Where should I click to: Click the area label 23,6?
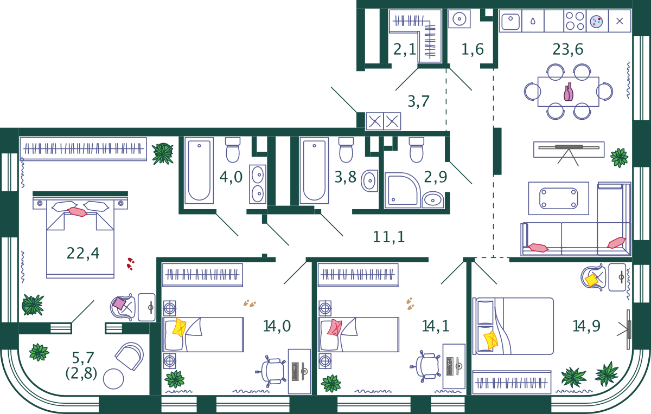[568, 50]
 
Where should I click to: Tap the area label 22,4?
[83, 253]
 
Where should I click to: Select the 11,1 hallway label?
[389, 236]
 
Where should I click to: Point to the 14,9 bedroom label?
[586, 326]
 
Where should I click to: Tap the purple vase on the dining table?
[568, 92]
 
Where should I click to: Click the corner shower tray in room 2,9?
[401, 190]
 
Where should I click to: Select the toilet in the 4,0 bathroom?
[233, 150]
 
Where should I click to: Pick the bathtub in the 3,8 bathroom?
[314, 171]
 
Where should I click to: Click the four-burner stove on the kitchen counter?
[575, 21]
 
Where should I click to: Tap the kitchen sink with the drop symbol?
[533, 21]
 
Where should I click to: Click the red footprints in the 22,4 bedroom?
[130, 263]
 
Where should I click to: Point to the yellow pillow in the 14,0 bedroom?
[178, 328]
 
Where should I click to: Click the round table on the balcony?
[113, 379]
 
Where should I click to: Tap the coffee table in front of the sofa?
[558, 198]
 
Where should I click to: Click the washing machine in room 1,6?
[459, 19]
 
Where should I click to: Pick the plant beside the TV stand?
[618, 158]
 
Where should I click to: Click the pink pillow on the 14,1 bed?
[334, 327]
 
